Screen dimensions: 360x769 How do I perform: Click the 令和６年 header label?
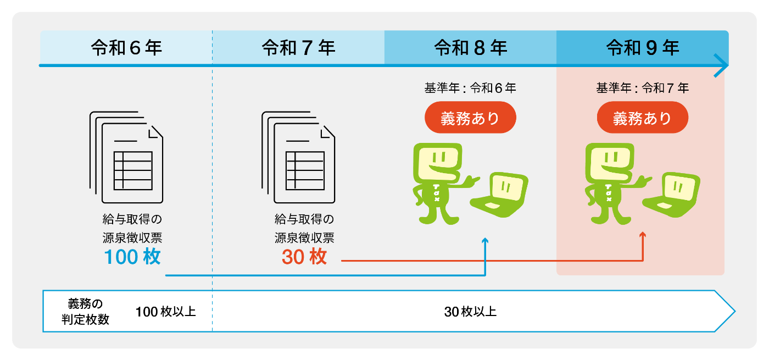point(126,48)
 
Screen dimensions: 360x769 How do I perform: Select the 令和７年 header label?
point(298,48)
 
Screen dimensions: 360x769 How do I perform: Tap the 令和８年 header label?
point(470,48)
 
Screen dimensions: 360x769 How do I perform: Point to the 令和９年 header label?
point(643,48)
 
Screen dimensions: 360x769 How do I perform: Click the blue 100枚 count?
point(132,257)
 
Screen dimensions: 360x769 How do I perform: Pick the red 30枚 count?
point(304,257)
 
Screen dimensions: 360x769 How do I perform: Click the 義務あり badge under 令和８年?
point(470,118)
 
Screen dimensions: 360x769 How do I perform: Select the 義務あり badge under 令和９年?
point(642,118)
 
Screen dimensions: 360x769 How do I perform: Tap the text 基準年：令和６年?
point(470,87)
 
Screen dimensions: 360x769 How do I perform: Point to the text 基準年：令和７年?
point(642,87)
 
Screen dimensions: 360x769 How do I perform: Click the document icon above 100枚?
point(127,157)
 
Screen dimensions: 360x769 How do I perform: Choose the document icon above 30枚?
point(299,157)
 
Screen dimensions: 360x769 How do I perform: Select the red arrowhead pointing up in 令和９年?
point(643,235)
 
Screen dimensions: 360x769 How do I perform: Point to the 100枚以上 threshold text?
point(165,312)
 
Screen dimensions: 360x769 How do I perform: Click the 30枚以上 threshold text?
point(470,312)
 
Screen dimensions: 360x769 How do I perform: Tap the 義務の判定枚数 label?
point(85,312)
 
